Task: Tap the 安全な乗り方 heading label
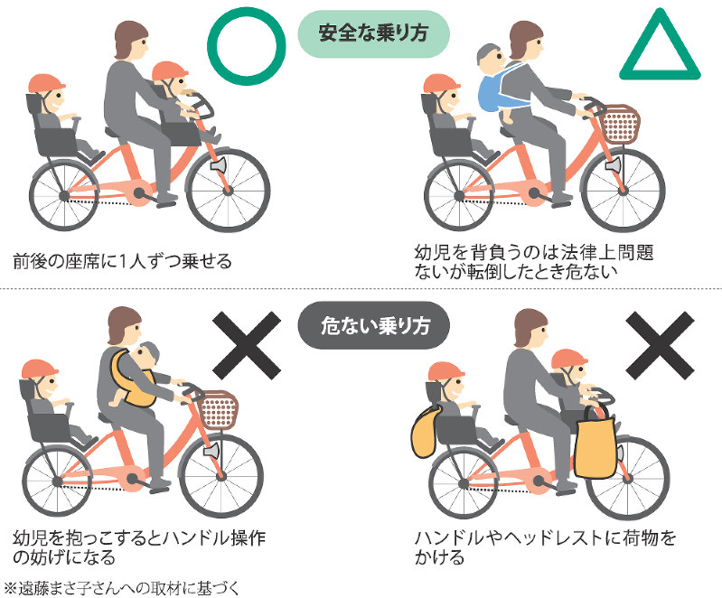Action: pyautogui.click(x=373, y=33)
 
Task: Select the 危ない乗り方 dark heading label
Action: pyautogui.click(x=373, y=325)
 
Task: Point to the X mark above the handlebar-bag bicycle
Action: pyautogui.click(x=660, y=346)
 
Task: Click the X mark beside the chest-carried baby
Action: pyautogui.click(x=247, y=346)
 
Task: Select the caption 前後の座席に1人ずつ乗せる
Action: pyautogui.click(x=123, y=261)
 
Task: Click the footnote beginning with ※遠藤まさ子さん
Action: pyautogui.click(x=122, y=588)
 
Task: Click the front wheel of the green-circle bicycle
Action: pyautogui.click(x=229, y=190)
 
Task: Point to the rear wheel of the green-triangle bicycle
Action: pyautogui.click(x=459, y=196)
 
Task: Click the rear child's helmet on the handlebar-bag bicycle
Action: pyautogui.click(x=446, y=371)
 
